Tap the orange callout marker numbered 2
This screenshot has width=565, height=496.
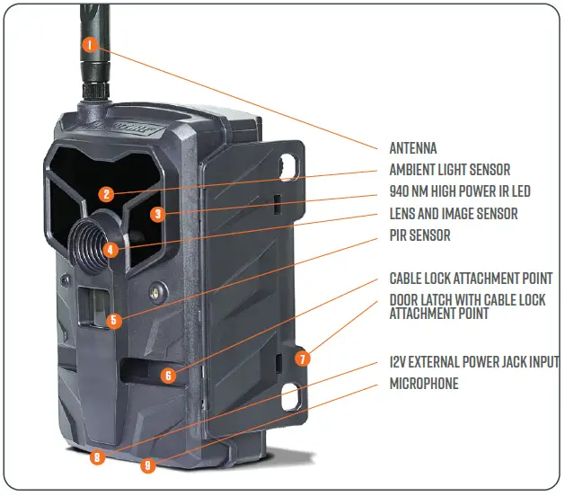(106, 193)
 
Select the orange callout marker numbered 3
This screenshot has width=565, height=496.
(157, 214)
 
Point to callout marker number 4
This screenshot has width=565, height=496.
(110, 251)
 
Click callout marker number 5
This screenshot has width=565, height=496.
(112, 319)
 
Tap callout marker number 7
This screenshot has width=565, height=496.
(302, 358)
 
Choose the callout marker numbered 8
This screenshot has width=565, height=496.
(97, 457)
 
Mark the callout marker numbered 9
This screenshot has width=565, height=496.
(148, 465)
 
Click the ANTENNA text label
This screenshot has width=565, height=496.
(412, 148)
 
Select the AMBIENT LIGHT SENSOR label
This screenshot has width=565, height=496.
(449, 170)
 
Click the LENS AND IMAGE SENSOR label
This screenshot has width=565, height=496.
(453, 214)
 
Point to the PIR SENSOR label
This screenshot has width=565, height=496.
(419, 235)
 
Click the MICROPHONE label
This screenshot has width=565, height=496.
(423, 384)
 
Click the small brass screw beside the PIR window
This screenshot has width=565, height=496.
(157, 291)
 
